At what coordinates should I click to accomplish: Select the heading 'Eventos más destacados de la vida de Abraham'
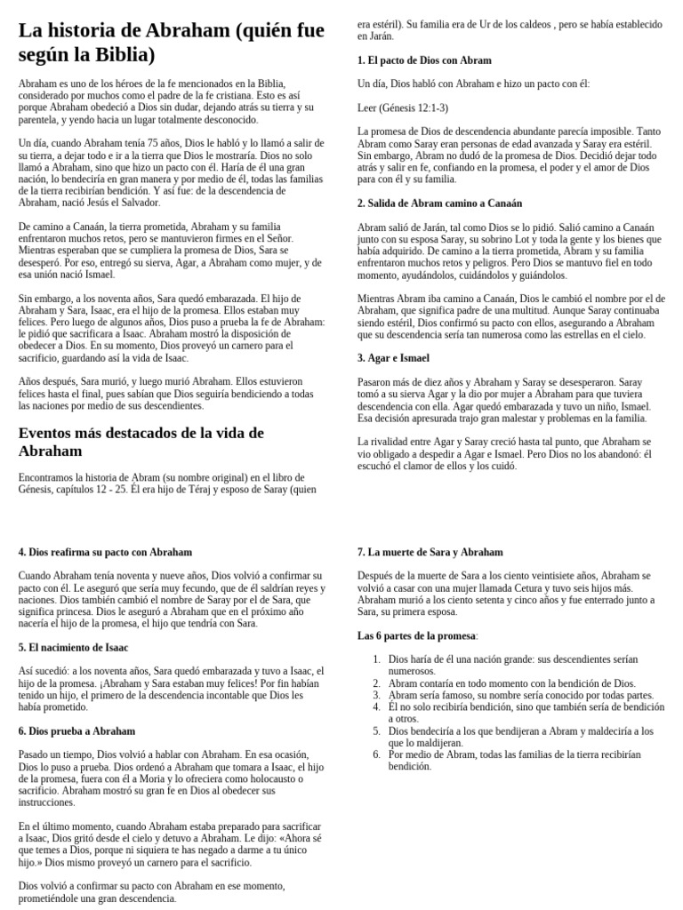pyautogui.click(x=141, y=442)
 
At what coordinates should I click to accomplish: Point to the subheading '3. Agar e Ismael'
pyautogui.click(x=393, y=358)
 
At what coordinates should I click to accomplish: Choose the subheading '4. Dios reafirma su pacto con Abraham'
pyautogui.click(x=105, y=552)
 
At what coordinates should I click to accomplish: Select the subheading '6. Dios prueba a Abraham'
pyautogui.click(x=76, y=730)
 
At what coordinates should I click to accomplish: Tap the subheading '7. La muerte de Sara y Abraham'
pyautogui.click(x=430, y=552)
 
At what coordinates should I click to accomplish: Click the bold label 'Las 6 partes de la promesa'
pyautogui.click(x=416, y=635)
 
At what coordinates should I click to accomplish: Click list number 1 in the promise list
pyautogui.click(x=376, y=659)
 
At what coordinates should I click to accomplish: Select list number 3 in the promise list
pyautogui.click(x=376, y=695)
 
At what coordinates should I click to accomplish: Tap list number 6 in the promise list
pyautogui.click(x=376, y=754)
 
